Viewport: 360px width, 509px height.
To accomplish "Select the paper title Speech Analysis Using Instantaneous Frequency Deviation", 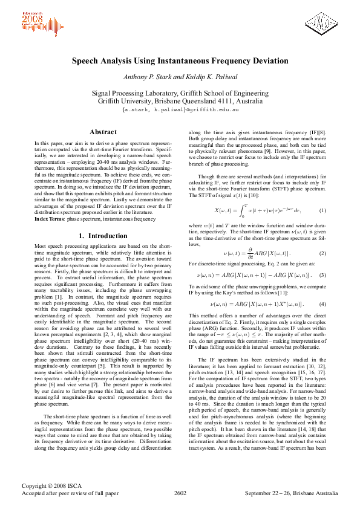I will coord(180,61).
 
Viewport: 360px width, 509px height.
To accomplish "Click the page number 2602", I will coord(180,493).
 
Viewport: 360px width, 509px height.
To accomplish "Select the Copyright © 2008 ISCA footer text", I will coord(50,485).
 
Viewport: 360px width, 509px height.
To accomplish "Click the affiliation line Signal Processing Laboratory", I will coord(180,94).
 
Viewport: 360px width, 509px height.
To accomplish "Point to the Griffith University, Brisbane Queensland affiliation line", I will coord(180,102).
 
